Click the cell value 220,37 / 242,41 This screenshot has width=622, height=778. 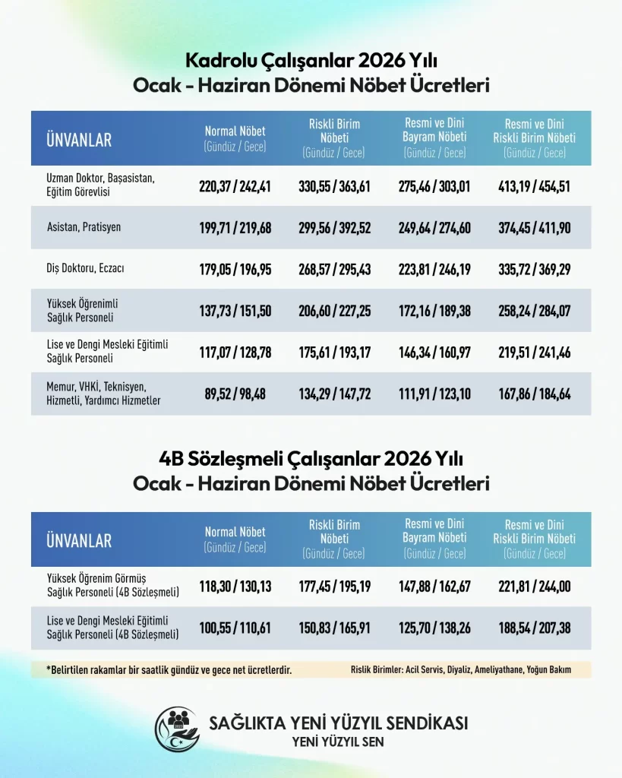(x=235, y=186)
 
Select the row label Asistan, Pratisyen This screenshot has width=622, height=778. (x=84, y=227)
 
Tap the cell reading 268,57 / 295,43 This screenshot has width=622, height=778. (x=334, y=269)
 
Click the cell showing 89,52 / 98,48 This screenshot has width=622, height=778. (x=235, y=394)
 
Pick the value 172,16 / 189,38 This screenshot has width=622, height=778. (x=434, y=310)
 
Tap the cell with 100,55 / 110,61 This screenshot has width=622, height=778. (x=235, y=628)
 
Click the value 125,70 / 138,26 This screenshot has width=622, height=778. (x=434, y=628)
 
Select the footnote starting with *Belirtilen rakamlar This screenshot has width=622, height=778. (x=169, y=670)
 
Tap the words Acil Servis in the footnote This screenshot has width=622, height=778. (x=431, y=670)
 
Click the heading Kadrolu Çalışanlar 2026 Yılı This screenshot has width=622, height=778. (x=311, y=60)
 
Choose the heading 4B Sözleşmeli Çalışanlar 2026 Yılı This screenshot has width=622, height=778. (x=311, y=459)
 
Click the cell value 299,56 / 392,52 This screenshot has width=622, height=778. (x=334, y=227)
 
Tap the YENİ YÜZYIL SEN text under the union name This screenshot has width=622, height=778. (x=338, y=742)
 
